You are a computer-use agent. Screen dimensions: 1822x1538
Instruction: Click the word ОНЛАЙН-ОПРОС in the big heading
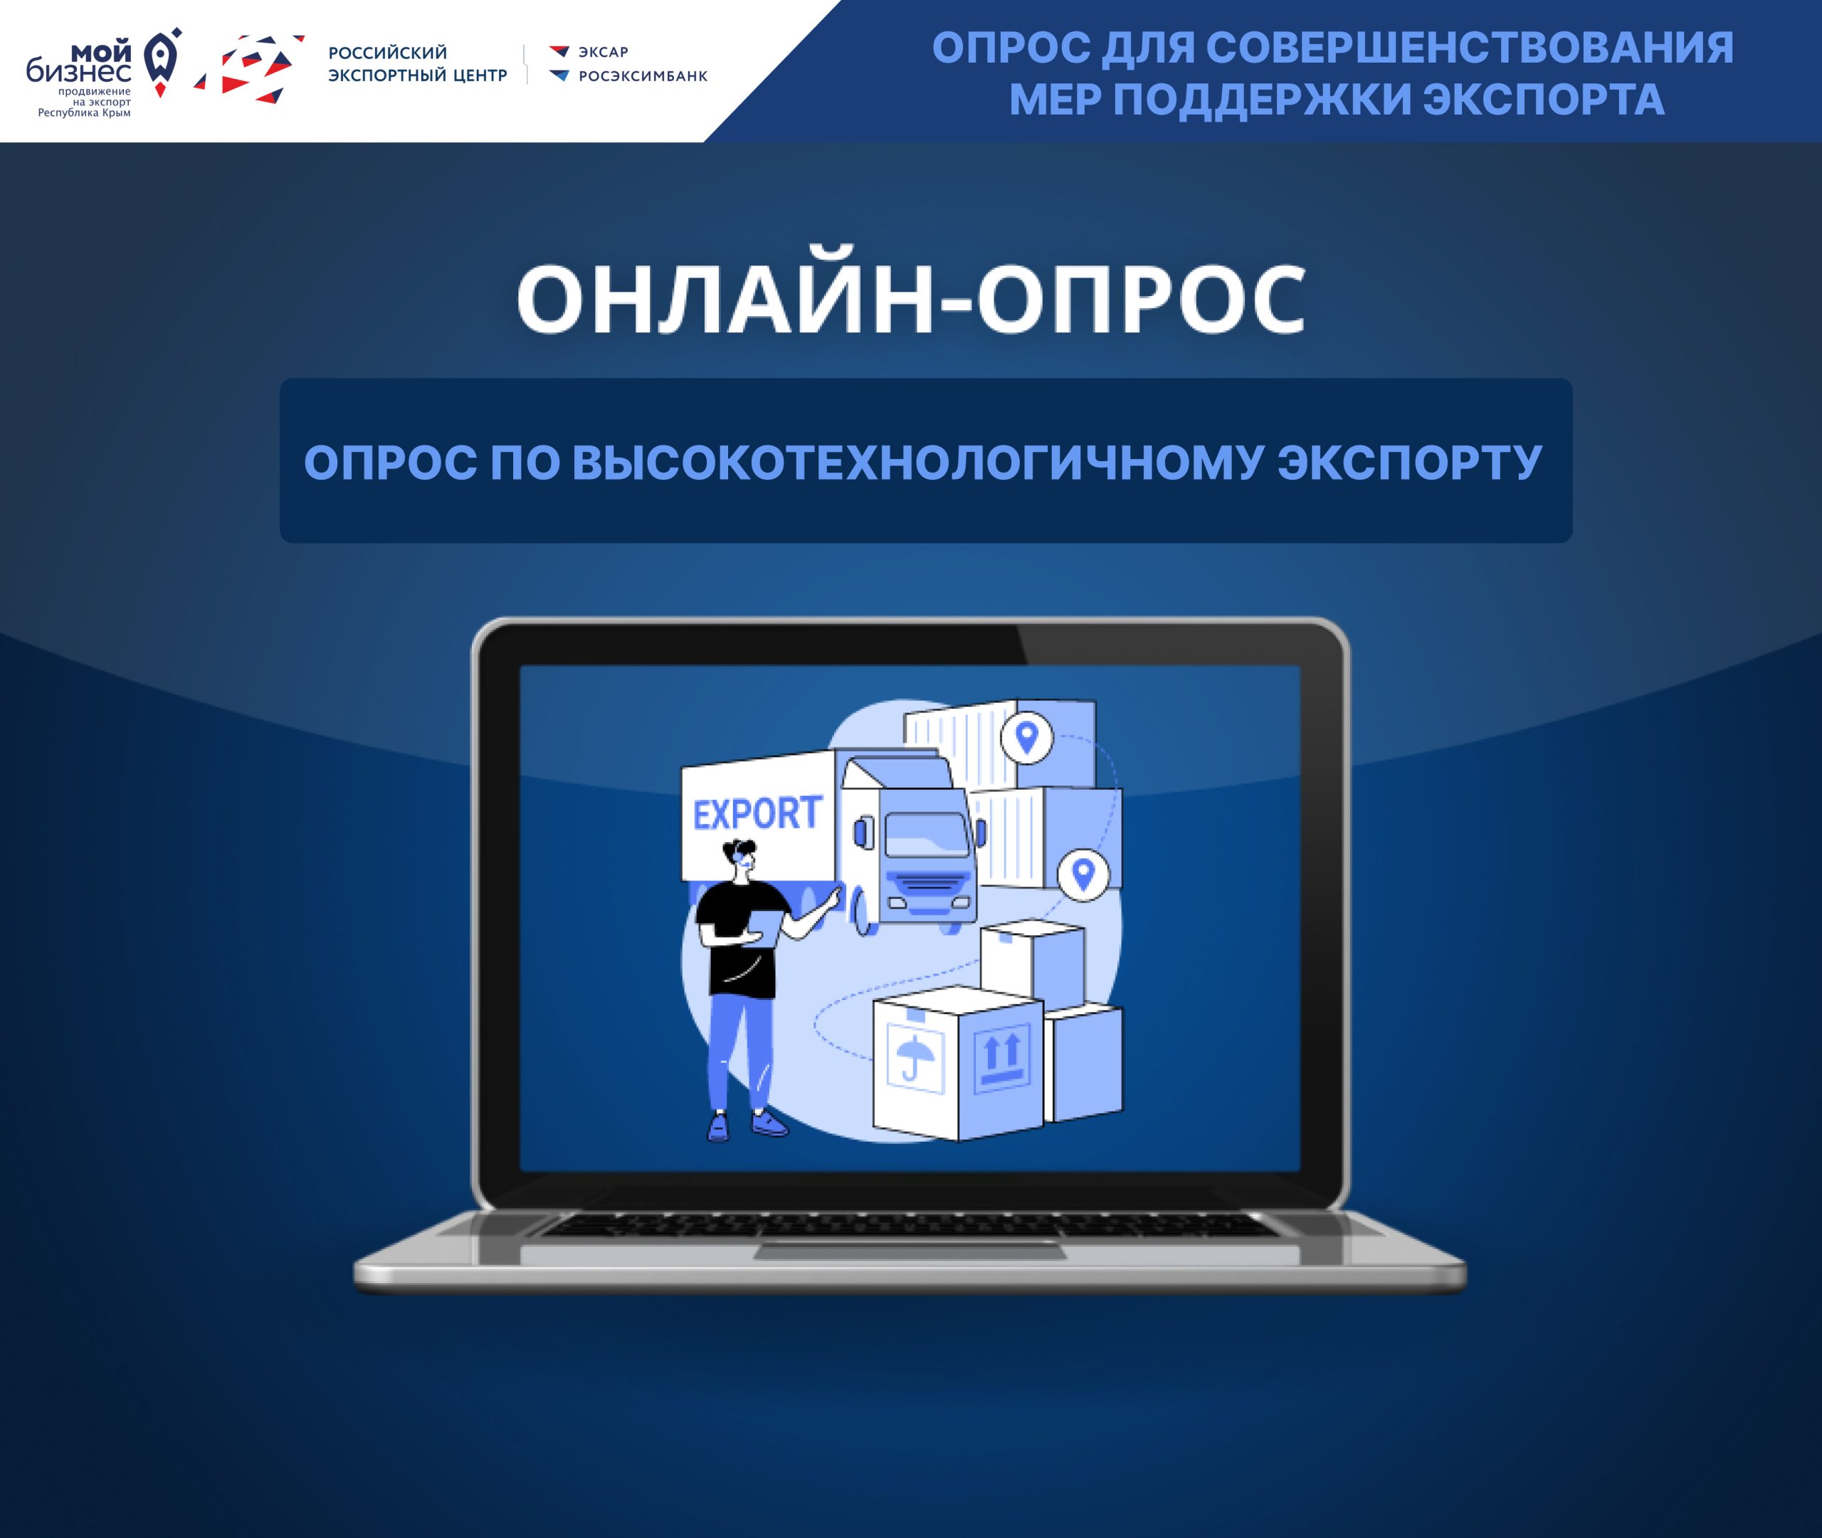click(x=911, y=298)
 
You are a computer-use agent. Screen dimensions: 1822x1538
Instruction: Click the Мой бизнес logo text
click(x=79, y=63)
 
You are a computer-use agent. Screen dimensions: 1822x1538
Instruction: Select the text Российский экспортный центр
click(x=418, y=63)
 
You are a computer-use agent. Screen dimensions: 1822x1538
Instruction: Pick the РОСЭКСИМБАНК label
click(x=643, y=76)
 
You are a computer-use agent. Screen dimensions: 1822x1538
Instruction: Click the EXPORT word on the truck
click(x=757, y=813)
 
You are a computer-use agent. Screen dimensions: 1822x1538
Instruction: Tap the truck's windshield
click(x=927, y=836)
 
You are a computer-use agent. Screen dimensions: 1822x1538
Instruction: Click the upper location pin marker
click(x=1026, y=737)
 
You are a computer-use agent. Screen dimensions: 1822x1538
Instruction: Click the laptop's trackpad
click(x=910, y=1252)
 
